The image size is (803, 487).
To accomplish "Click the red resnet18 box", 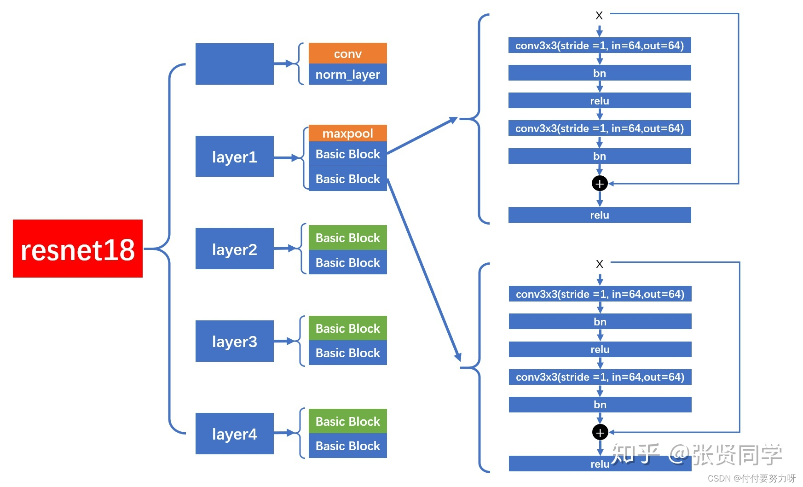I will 77,249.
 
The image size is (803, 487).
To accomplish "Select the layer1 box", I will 234,157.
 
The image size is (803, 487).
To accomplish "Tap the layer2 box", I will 234,249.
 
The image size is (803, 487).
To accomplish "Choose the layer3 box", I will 234,341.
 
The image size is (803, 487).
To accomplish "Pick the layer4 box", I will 234,434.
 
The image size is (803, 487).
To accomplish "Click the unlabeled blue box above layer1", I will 234,64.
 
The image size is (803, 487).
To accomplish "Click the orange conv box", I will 347,53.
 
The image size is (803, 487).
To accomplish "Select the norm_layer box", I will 347,75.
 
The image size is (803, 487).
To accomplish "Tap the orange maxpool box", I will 347,133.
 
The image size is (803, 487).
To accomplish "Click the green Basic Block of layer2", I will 347,238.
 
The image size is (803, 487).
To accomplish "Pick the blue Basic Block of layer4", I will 347,446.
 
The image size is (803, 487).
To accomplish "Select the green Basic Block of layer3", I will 347,328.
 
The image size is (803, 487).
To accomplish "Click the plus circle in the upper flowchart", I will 600,184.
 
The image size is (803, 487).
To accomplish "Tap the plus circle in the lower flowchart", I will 600,432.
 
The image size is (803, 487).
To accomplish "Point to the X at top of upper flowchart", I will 599,16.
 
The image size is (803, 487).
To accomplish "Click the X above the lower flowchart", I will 600,264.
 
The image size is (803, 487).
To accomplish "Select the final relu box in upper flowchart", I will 600,215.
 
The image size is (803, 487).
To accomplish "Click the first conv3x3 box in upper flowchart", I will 600,46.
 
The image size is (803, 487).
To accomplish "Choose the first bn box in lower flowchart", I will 600,321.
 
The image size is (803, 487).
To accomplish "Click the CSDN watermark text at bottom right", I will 751,478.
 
